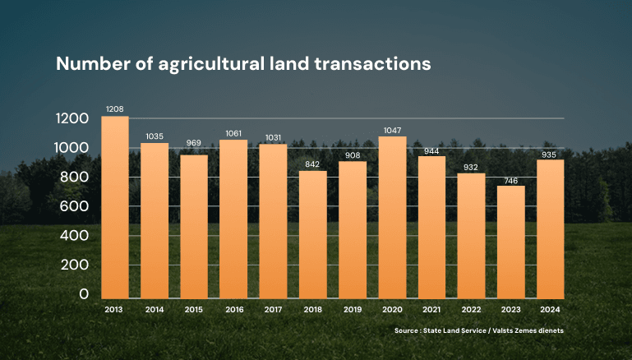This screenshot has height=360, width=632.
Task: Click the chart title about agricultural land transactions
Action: point(243,64)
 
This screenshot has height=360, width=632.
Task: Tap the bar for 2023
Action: point(511,242)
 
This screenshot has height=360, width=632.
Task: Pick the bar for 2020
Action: point(392,217)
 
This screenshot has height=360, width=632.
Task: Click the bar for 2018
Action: point(312,234)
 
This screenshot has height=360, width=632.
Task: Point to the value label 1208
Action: point(114,109)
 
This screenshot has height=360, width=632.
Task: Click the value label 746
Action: point(511,179)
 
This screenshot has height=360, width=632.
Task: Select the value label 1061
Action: point(233,133)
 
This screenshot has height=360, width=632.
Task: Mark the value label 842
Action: point(312,164)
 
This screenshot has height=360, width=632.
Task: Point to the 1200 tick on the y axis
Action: point(72,119)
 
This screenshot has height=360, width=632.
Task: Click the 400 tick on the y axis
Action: point(72,236)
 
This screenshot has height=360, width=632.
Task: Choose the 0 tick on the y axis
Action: point(83,294)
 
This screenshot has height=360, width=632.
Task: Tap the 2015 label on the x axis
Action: point(194,310)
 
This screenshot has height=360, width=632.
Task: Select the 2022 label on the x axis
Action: point(471,310)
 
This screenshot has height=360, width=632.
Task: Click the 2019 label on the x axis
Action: point(352,310)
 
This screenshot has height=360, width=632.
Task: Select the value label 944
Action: point(431,150)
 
